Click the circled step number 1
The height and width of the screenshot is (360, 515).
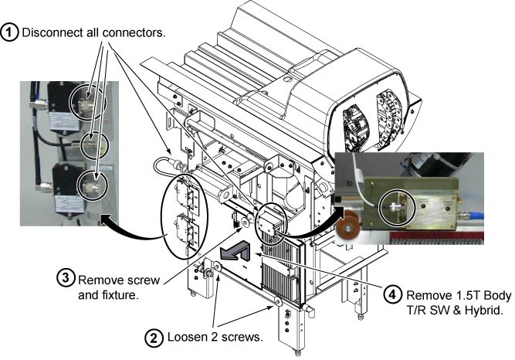pyautogui.click(x=12, y=34)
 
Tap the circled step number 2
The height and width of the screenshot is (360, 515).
pyautogui.click(x=154, y=338)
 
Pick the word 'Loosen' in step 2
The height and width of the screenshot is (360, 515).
pyautogui.click(x=185, y=338)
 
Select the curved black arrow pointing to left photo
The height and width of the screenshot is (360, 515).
pyautogui.click(x=135, y=228)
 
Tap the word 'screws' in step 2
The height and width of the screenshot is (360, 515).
pyautogui.click(x=234, y=338)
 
